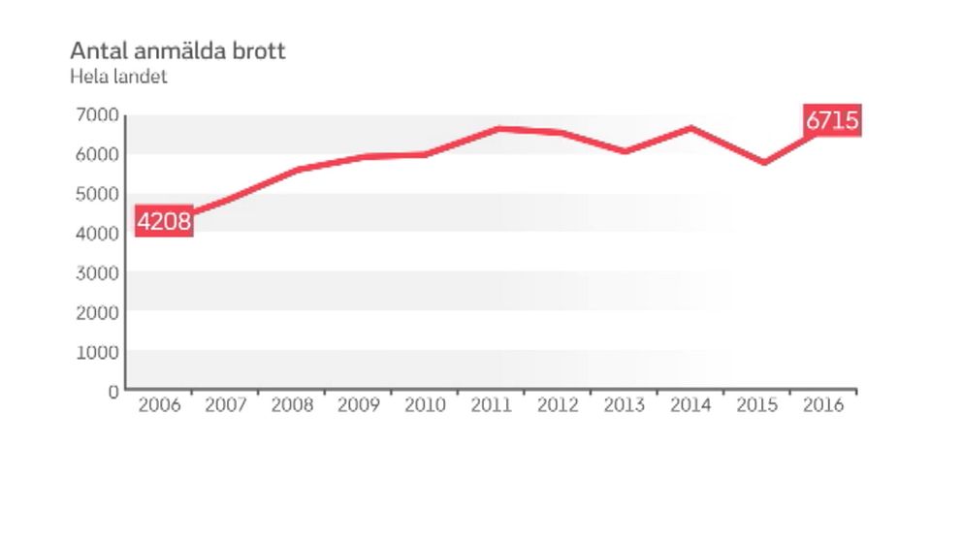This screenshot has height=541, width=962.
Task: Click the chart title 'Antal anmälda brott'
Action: click(177, 50)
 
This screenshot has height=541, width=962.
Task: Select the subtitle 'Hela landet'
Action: click(118, 77)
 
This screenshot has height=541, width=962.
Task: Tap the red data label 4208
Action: click(164, 222)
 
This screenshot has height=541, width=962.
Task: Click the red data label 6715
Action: click(832, 121)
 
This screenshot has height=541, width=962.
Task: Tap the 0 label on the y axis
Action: click(113, 392)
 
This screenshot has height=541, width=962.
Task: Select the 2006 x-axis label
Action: click(159, 405)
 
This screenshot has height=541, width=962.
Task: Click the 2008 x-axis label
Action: click(292, 405)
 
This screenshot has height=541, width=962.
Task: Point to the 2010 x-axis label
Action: click(425, 405)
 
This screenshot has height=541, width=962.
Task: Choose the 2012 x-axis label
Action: click(558, 405)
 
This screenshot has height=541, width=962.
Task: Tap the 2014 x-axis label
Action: click(690, 405)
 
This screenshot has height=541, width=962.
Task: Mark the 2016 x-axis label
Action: click(823, 405)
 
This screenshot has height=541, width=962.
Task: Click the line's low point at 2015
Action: click(764, 162)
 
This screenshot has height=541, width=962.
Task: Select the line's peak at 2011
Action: click(497, 128)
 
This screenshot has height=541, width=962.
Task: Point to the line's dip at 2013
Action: click(625, 151)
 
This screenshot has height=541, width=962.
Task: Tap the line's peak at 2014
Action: click(690, 128)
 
